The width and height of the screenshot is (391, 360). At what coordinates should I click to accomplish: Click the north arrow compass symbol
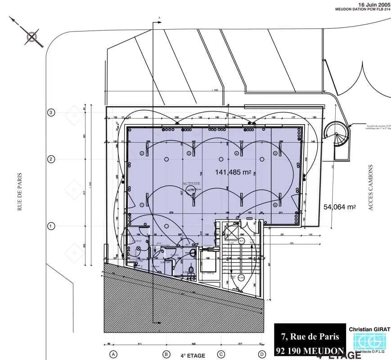[x=32, y=37]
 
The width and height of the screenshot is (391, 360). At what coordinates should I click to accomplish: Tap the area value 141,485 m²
[x=233, y=172]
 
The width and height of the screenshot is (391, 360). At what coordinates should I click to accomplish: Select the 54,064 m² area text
[x=340, y=207]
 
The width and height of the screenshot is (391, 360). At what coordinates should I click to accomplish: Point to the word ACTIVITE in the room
[x=191, y=184]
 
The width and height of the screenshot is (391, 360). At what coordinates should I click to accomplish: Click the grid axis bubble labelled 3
[x=51, y=112]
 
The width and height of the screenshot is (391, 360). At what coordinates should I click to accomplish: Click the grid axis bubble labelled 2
[x=51, y=159]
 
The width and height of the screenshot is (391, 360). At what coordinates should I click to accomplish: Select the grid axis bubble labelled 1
[x=51, y=226]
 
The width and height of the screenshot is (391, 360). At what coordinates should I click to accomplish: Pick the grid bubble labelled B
[x=166, y=354]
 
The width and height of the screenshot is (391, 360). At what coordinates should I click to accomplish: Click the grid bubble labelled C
[x=221, y=354]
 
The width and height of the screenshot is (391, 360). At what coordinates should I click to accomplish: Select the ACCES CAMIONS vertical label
[x=371, y=188]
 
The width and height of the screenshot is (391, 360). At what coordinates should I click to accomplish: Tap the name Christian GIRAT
[x=369, y=329]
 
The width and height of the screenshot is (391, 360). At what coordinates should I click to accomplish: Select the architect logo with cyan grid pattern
[x=369, y=342]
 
